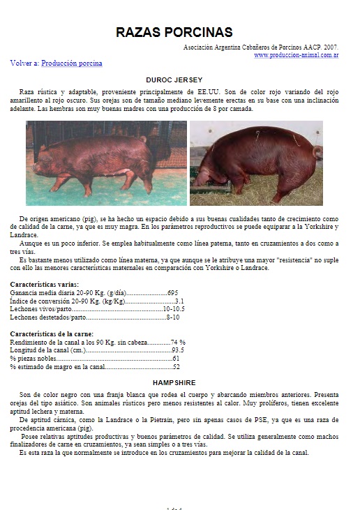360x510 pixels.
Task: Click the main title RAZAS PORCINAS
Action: click(174, 32)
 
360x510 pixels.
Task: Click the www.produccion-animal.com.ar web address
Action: click(296, 54)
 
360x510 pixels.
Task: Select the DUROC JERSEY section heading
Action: click(174, 80)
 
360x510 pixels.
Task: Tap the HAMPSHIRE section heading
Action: click(174, 382)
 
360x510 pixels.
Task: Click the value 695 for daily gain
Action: click(173, 292)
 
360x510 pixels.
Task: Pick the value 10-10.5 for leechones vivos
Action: click(174, 309)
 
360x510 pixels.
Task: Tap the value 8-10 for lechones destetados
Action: click(173, 317)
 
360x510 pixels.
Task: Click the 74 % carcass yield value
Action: click(178, 342)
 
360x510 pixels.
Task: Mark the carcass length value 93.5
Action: click(178, 350)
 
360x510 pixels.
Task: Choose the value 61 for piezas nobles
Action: click(176, 359)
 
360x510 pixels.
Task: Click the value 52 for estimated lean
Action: click(177, 366)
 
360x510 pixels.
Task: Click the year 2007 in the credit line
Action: click(329, 47)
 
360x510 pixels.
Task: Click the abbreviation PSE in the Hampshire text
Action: click(225, 419)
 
